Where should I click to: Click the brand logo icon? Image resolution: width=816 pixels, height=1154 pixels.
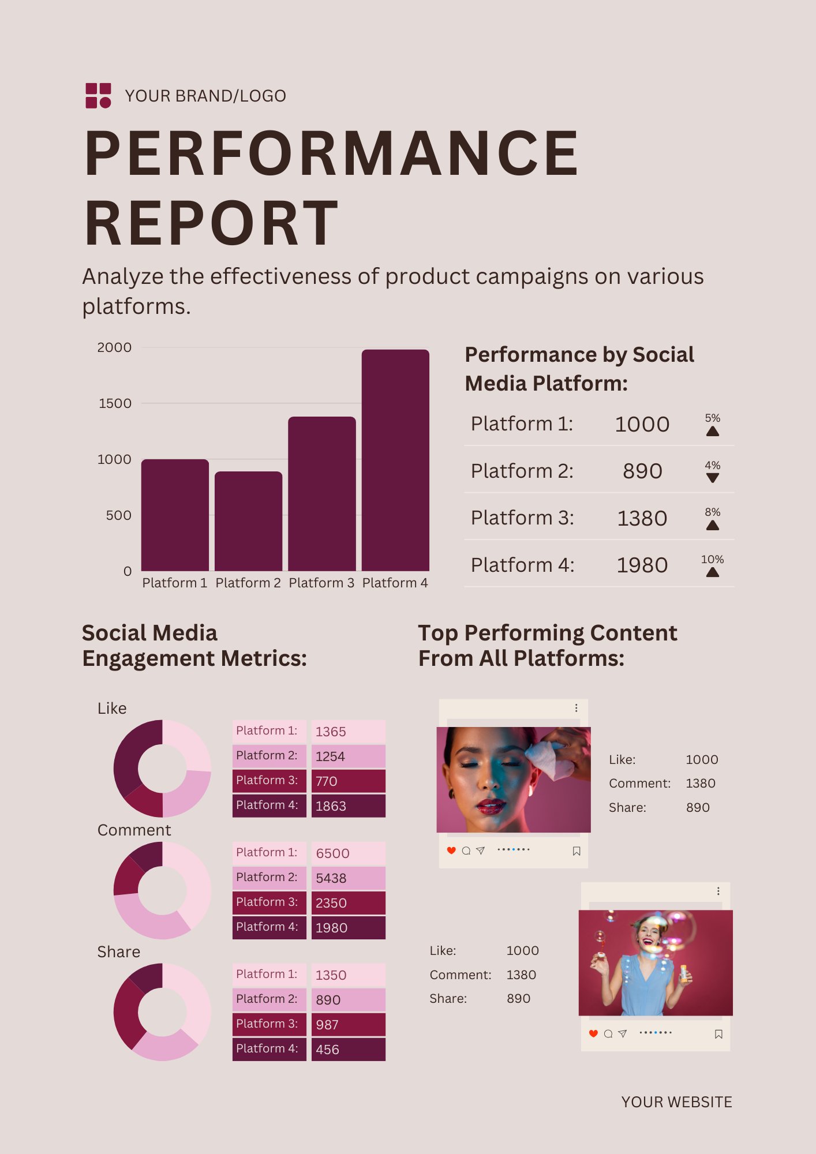tap(98, 95)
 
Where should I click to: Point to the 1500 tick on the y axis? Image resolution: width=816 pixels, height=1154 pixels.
tap(115, 403)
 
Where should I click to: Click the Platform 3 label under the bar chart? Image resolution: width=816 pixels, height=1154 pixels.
tap(321, 583)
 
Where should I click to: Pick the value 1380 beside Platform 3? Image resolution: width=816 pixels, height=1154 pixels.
tap(642, 518)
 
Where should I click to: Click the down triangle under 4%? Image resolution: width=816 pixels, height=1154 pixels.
tap(713, 478)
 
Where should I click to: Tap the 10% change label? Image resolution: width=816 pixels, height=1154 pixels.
tap(713, 559)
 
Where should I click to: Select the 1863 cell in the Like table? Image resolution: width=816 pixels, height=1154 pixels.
tap(348, 806)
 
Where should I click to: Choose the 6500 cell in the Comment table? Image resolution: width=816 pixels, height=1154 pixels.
tap(348, 853)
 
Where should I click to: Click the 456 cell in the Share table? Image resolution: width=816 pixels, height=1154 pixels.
tap(348, 1050)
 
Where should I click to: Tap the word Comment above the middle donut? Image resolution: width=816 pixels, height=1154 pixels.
tap(134, 830)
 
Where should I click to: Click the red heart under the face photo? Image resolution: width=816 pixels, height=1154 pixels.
tap(451, 850)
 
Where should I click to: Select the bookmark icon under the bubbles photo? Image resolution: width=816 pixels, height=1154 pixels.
tap(718, 1034)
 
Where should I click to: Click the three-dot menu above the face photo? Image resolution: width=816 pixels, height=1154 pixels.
tap(576, 708)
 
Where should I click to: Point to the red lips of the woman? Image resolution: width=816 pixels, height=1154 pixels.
tap(491, 805)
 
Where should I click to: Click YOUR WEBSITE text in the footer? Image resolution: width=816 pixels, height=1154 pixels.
tap(676, 1102)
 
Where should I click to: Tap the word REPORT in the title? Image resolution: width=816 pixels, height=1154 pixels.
tap(211, 223)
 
